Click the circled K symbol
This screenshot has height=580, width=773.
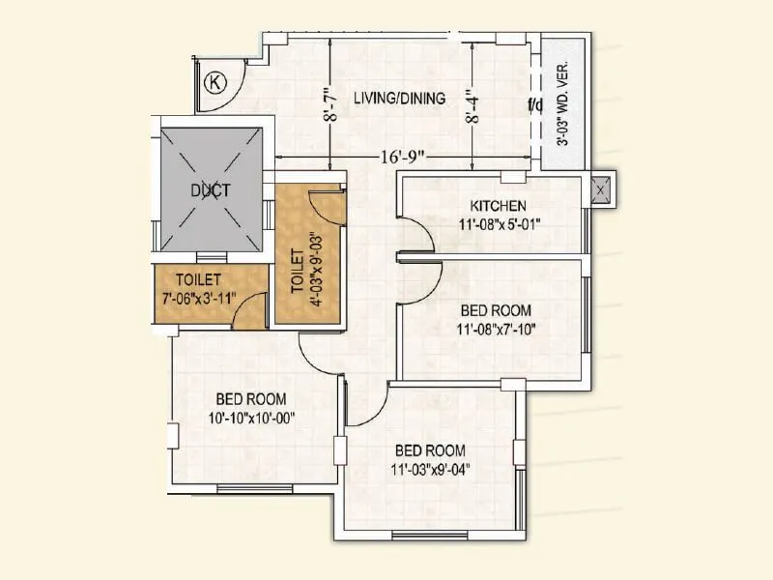(x=216, y=82)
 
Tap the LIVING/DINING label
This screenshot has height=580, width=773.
(x=399, y=98)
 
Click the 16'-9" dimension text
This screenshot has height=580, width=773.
(x=401, y=156)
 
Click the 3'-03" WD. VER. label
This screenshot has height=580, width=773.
(x=562, y=105)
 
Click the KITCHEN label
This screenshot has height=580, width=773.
(x=498, y=206)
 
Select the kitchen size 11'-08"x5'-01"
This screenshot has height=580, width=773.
(x=499, y=223)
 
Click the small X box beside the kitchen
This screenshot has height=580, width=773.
(x=600, y=190)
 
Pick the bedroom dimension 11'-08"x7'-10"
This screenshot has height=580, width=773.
(x=497, y=329)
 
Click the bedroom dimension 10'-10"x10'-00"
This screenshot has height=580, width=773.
(x=250, y=417)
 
